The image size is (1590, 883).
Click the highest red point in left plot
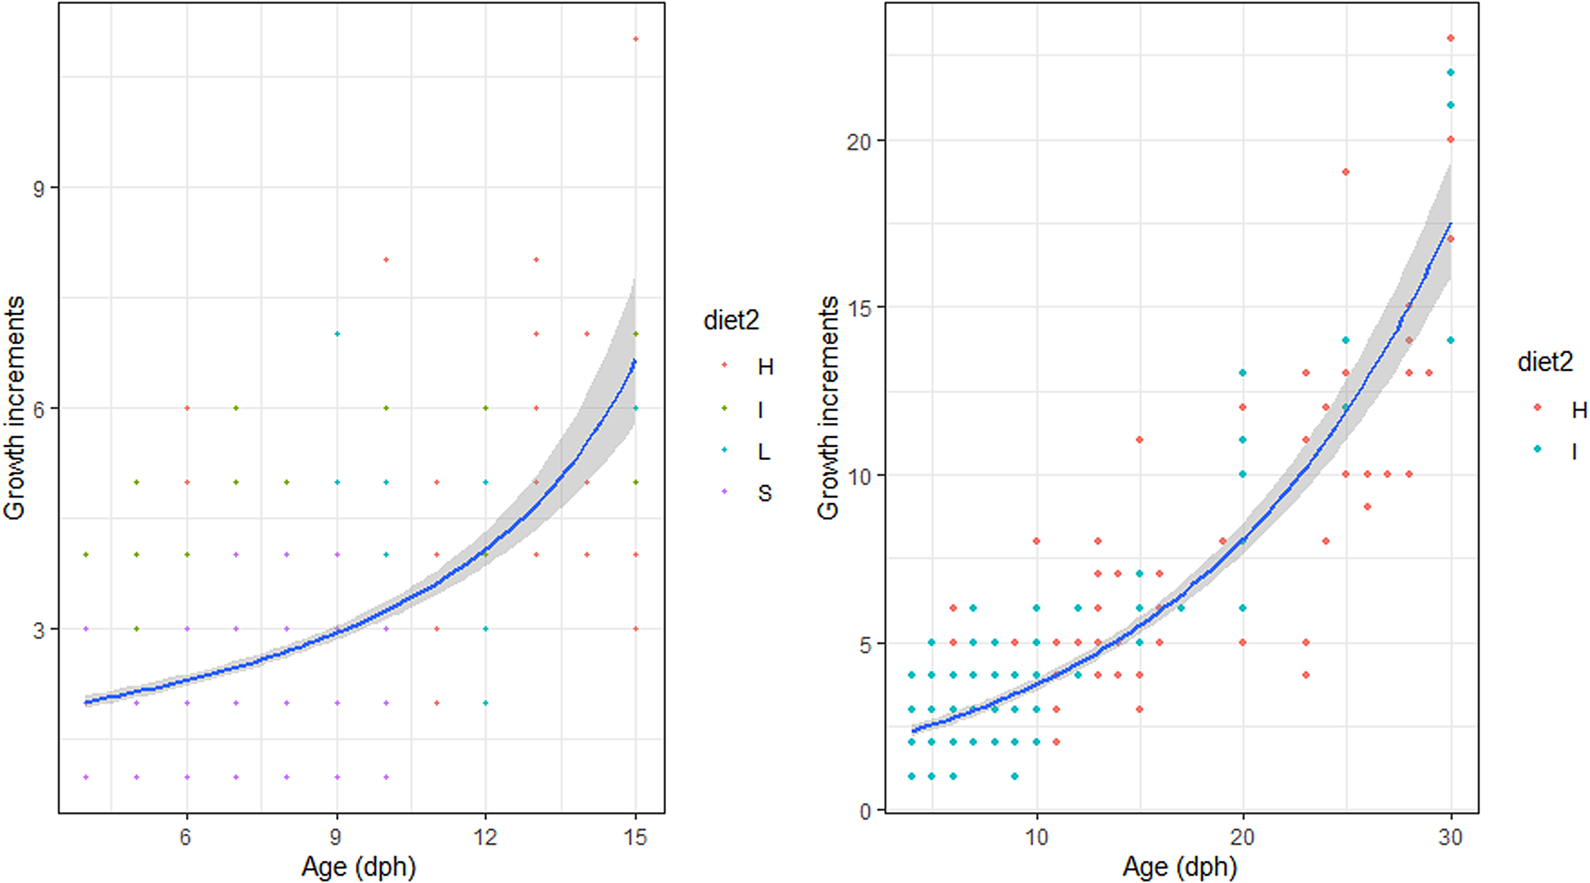click(x=636, y=39)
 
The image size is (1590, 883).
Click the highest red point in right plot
click(x=1451, y=38)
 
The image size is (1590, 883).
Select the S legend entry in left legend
click(x=764, y=493)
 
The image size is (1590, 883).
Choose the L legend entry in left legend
click(x=764, y=451)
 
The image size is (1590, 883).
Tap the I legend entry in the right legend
click(x=1574, y=450)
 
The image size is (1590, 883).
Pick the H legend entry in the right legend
click(x=1579, y=408)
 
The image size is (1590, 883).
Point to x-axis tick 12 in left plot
click(x=486, y=837)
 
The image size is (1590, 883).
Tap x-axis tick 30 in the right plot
click(x=1451, y=837)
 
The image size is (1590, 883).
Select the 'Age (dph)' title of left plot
click(x=359, y=867)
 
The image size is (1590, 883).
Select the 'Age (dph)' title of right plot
click(x=1180, y=867)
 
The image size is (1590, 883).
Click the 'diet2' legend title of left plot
click(x=731, y=320)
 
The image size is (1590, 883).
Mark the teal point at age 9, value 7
click(x=337, y=333)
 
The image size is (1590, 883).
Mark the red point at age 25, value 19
click(x=1345, y=172)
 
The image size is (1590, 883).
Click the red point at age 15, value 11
click(x=1139, y=439)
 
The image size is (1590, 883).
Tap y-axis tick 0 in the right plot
click(x=865, y=812)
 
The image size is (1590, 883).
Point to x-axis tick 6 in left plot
click(x=186, y=837)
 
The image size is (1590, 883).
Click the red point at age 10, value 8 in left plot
click(x=386, y=260)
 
